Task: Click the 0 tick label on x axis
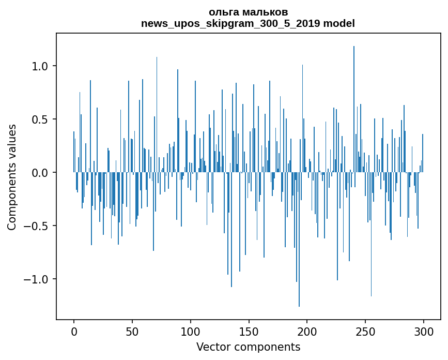click(74, 331)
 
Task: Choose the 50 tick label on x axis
click(132, 331)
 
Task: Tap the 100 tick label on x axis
click(191, 331)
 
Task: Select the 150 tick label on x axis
click(249, 331)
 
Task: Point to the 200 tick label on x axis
click(307, 331)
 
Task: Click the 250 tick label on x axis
click(365, 331)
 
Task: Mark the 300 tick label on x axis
click(424, 331)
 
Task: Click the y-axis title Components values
click(12, 177)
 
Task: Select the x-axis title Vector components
click(248, 347)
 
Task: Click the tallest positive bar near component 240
click(354, 103)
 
